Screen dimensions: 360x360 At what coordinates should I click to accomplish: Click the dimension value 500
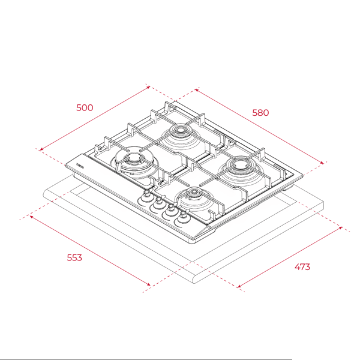pyautogui.click(x=85, y=108)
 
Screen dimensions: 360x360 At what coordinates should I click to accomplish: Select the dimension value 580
pyautogui.click(x=260, y=112)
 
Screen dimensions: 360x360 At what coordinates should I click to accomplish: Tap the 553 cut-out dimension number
pyautogui.click(x=73, y=257)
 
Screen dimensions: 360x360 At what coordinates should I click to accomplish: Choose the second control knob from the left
pyautogui.click(x=158, y=206)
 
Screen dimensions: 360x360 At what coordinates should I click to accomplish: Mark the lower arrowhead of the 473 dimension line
pyautogui.click(x=239, y=287)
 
